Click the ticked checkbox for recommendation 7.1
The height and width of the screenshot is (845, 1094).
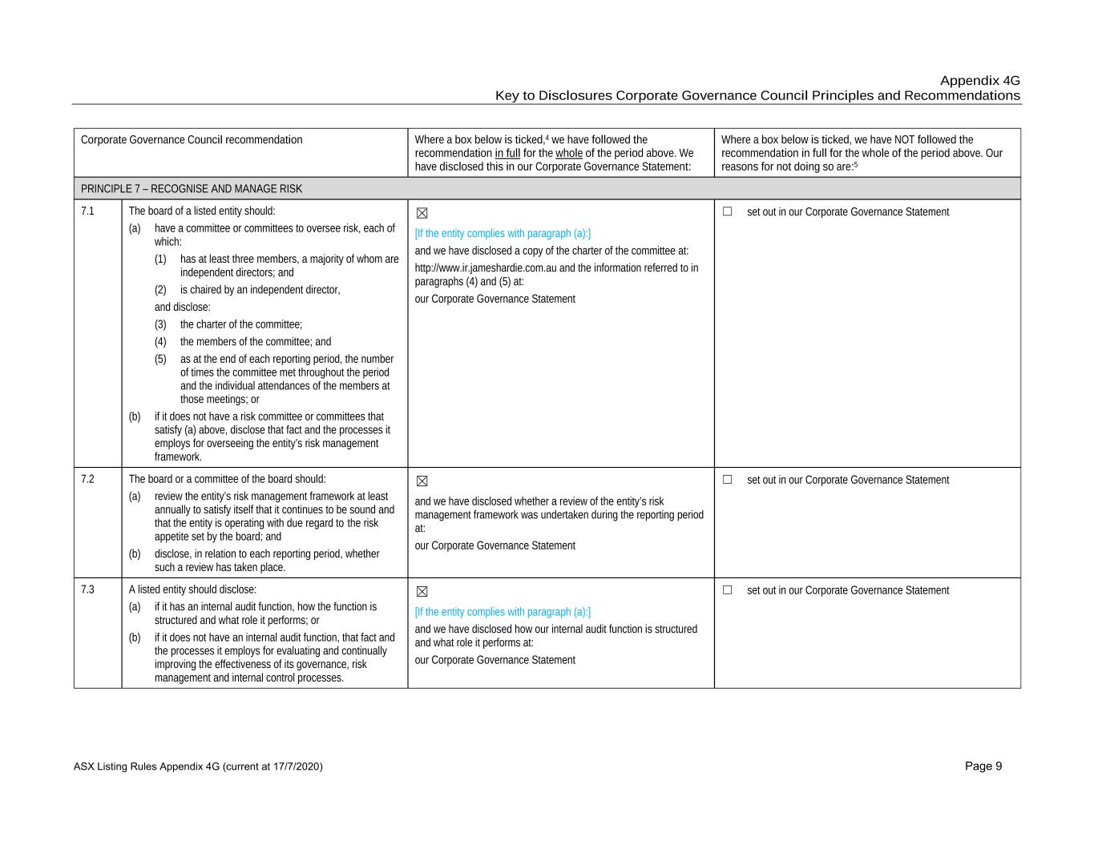click(x=422, y=213)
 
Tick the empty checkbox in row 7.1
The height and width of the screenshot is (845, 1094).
click(x=728, y=211)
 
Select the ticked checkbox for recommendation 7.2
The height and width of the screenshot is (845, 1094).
click(x=422, y=481)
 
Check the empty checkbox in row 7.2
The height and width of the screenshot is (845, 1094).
click(x=728, y=480)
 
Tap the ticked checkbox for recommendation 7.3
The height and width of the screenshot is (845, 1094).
click(x=422, y=592)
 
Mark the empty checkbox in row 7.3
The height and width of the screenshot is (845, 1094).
click(x=728, y=590)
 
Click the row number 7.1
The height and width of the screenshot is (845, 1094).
click(x=87, y=211)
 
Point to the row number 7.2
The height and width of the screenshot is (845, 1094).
click(x=87, y=479)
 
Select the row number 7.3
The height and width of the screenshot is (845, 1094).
click(x=87, y=589)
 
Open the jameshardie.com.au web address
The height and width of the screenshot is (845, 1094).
click(x=486, y=268)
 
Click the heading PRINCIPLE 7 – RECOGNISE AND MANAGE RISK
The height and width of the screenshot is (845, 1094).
click(x=192, y=189)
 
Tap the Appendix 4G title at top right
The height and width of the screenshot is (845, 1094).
click(x=979, y=81)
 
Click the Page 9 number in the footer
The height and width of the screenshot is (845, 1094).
click(x=983, y=767)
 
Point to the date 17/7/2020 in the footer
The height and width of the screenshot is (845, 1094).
click(x=296, y=767)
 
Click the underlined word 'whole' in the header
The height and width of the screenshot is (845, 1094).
click(x=569, y=153)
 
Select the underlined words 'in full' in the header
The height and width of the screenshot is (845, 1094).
click(x=507, y=153)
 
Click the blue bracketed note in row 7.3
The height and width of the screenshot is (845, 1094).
click(x=503, y=612)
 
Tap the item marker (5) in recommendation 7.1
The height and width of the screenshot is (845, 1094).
click(x=160, y=359)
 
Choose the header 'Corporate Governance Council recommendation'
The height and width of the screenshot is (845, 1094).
click(x=192, y=139)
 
